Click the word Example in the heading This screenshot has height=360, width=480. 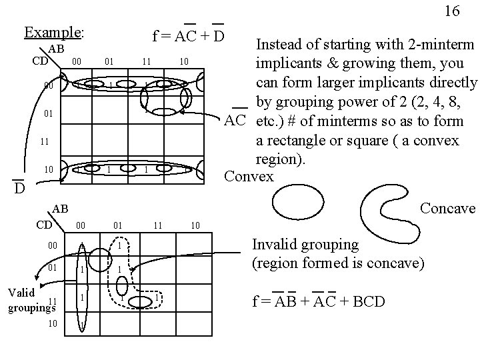pyautogui.click(x=53, y=32)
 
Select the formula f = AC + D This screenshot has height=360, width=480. pyautogui.click(x=188, y=35)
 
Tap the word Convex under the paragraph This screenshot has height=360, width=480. pyautogui.click(x=249, y=177)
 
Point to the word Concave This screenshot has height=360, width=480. pyautogui.click(x=447, y=209)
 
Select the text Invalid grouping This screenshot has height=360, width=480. pyautogui.click(x=305, y=245)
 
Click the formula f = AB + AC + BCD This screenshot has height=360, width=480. pyautogui.click(x=318, y=301)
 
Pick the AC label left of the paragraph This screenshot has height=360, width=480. pyautogui.click(x=235, y=120)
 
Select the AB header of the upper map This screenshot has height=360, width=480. pyautogui.click(x=56, y=49)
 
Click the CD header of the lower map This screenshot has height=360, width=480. pyautogui.click(x=44, y=225)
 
